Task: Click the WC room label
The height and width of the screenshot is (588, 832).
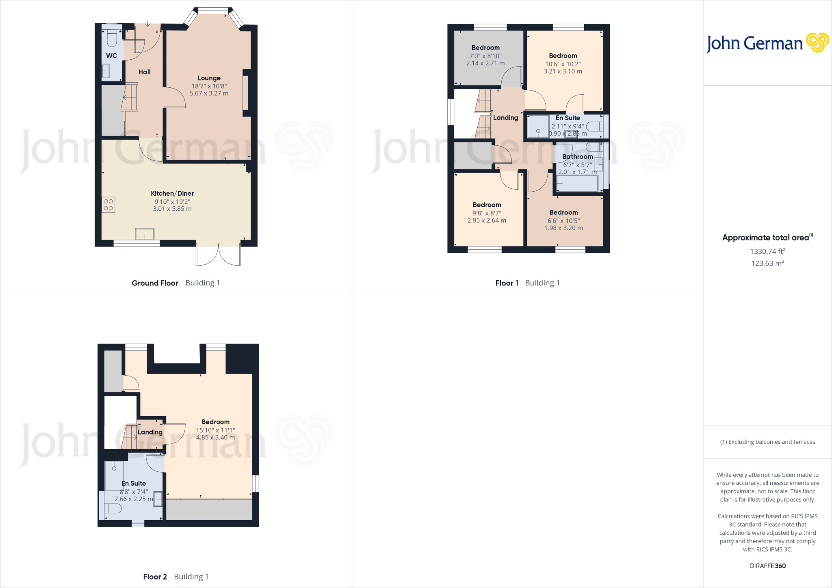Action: tap(111, 56)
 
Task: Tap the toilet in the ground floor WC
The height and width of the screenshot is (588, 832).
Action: tap(112, 38)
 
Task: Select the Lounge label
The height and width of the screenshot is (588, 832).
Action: tap(209, 78)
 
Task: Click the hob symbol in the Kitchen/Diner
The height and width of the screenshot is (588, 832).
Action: tap(108, 205)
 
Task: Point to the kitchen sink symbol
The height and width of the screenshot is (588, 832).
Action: tap(145, 234)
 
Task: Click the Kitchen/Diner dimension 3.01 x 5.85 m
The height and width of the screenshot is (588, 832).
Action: tap(172, 209)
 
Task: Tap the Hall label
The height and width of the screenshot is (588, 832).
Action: tap(144, 72)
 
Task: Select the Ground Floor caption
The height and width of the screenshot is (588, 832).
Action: tap(155, 283)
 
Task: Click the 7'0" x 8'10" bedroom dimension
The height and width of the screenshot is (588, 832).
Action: tap(485, 56)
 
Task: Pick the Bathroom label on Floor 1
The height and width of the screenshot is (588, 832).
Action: tap(577, 156)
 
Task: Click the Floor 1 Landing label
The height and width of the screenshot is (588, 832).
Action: tap(505, 118)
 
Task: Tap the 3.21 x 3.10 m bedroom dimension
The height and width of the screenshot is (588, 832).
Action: tap(563, 71)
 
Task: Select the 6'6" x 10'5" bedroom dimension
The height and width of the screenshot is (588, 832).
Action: tap(563, 220)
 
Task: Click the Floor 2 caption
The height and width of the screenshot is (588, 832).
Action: tap(155, 577)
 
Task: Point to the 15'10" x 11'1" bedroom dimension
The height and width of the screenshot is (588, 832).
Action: tap(215, 430)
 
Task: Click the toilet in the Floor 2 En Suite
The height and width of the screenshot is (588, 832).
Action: tap(113, 508)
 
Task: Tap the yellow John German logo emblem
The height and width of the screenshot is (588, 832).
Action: tap(817, 43)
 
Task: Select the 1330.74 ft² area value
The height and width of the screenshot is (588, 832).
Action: tap(767, 251)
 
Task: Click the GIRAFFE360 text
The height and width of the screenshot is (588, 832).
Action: tap(767, 566)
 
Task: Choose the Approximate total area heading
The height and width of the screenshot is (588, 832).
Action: tap(766, 238)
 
